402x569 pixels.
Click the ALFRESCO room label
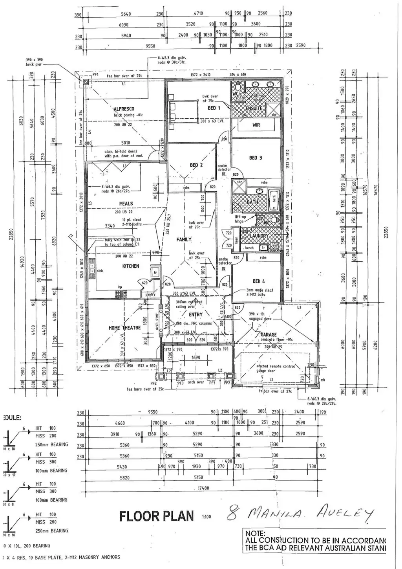(x=124, y=109)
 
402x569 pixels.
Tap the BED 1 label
(x=214, y=108)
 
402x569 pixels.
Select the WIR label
(x=256, y=125)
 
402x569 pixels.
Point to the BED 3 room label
(x=256, y=158)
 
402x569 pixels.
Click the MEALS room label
(x=126, y=204)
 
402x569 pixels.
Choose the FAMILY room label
(x=184, y=239)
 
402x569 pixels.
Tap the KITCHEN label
(x=131, y=266)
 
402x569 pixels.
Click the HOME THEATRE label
(x=124, y=328)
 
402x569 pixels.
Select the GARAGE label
(x=269, y=335)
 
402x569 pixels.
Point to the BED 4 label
(x=259, y=281)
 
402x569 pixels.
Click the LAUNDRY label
(x=259, y=236)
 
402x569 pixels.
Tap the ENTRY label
(x=196, y=315)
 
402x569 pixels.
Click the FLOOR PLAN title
(x=157, y=516)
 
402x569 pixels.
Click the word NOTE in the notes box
(x=255, y=534)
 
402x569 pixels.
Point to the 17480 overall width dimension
(x=203, y=488)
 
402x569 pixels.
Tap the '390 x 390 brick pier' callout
(x=34, y=62)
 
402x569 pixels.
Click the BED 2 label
(x=196, y=165)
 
